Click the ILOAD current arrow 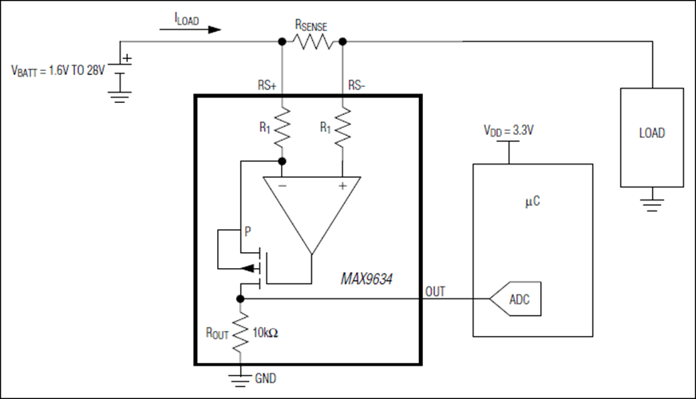coord(191,30)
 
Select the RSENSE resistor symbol coord(312,41)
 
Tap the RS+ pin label coord(267,85)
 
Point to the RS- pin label coord(357,85)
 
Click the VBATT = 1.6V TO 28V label coord(58,70)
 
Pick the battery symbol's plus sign coord(127,58)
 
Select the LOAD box coord(651,137)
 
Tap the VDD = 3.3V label coord(508,131)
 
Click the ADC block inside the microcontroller coord(516,298)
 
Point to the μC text coord(532,202)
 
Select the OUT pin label coord(435,291)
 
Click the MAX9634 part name coord(366,279)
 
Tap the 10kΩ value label coord(265,333)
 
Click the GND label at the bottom coord(266,378)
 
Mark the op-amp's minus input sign coord(283,185)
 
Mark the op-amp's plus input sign coord(342,186)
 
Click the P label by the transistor coord(247,231)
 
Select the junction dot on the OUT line coord(240,298)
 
